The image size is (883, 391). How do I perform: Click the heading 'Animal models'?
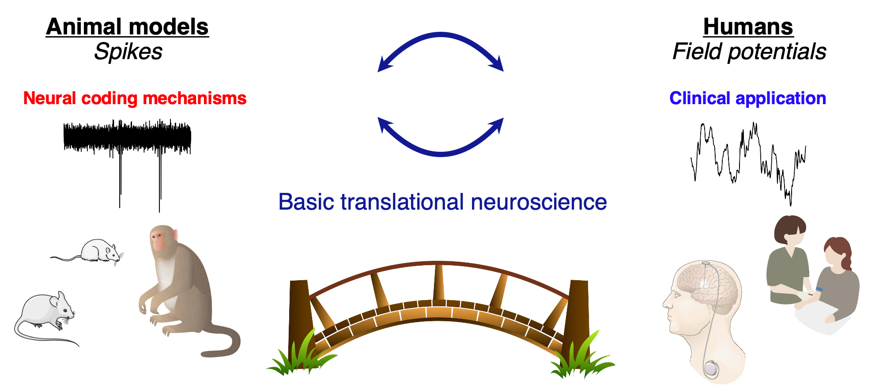coord(127,27)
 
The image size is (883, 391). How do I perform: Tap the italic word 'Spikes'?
coord(128,52)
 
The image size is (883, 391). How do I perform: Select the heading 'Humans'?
coord(748,27)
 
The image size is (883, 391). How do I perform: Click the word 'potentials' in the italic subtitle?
coord(777,52)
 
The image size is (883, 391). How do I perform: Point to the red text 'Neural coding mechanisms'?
coord(135,98)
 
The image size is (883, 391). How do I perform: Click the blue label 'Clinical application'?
coord(747,98)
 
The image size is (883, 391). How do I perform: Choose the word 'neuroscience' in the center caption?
coord(539,202)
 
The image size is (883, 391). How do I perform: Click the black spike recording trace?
coord(127,137)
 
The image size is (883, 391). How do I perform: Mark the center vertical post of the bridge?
coord(438,282)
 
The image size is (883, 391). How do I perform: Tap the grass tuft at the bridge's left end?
coord(300,357)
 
